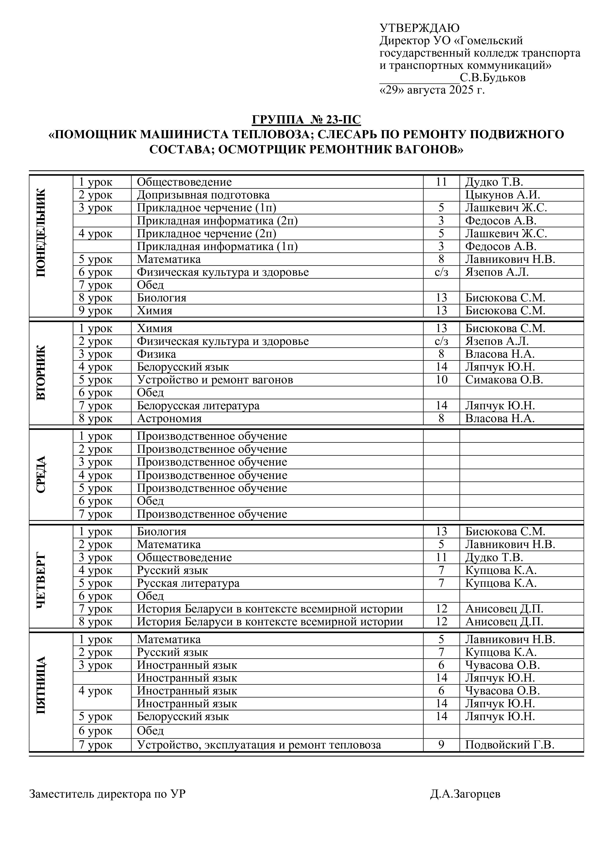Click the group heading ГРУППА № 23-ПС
click(306, 120)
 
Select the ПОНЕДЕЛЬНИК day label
click(42, 233)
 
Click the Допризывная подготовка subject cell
click(203, 195)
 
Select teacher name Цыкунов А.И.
click(502, 195)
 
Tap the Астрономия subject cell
click(169, 418)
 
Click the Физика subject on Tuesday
click(156, 354)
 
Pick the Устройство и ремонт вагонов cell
click(215, 380)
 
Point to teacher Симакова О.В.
click(504, 380)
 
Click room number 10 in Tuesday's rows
click(441, 380)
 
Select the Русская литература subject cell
click(188, 583)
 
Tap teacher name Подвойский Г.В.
click(509, 745)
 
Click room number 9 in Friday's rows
click(441, 745)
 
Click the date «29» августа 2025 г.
click(432, 91)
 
